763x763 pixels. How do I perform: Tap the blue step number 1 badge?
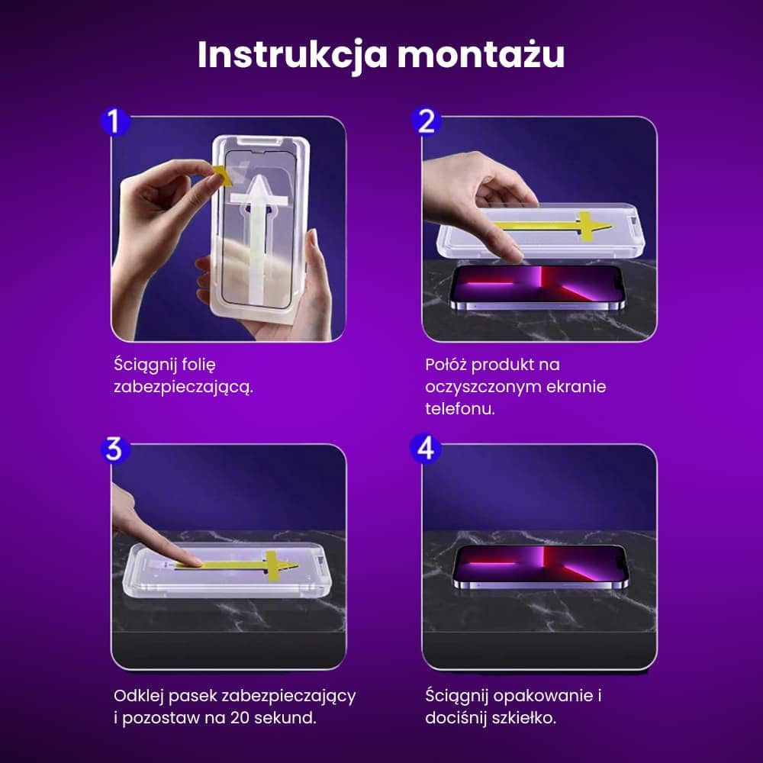(115, 122)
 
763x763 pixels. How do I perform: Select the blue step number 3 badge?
(114, 449)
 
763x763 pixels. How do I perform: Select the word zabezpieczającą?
(182, 387)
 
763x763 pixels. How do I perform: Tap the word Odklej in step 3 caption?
(138, 697)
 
